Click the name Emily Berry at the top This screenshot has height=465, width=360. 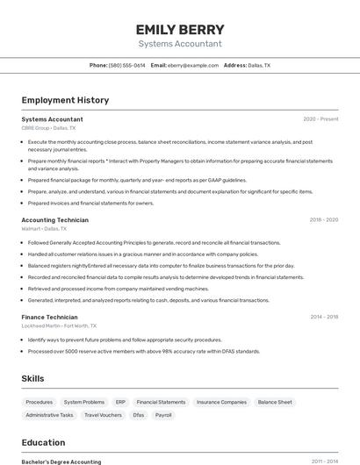(180, 29)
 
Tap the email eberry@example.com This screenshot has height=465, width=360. (193, 65)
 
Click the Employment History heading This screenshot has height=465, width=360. (65, 100)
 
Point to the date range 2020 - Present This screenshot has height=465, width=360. (320, 118)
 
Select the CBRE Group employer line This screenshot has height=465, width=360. (48, 128)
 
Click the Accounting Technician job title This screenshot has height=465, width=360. (54, 219)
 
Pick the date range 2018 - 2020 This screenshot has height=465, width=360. (324, 219)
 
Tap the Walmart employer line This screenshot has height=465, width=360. (44, 229)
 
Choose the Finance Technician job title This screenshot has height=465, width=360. (49, 317)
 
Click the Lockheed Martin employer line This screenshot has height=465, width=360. (55, 326)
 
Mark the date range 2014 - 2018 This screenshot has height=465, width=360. (324, 317)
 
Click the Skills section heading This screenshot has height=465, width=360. (32, 378)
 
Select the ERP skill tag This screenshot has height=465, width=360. (120, 402)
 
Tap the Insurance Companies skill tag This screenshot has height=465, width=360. (221, 402)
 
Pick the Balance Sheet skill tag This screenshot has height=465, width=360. (275, 402)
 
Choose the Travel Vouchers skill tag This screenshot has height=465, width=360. (103, 415)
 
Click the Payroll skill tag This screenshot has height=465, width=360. (163, 415)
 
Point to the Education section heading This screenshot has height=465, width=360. (43, 443)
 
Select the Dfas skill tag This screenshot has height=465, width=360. (139, 415)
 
